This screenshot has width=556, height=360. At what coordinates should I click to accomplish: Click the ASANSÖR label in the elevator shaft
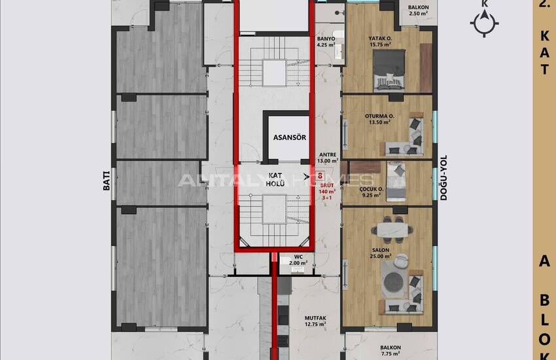pyautogui.click(x=289, y=137)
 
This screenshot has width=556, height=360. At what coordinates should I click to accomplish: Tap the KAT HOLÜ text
pyautogui.click(x=275, y=179)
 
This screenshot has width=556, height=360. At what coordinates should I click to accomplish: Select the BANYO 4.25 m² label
pyautogui.click(x=326, y=41)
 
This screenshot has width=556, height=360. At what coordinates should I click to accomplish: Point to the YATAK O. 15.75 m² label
pyautogui.click(x=380, y=41)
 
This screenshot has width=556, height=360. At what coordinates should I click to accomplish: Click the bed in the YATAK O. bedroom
pyautogui.click(x=389, y=70)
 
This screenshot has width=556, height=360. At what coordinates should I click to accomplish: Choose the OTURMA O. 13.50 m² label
pyautogui.click(x=379, y=119)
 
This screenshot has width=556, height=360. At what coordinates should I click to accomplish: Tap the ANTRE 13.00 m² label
pyautogui.click(x=328, y=158)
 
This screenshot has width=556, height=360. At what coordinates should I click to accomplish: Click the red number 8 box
pyautogui.click(x=321, y=175)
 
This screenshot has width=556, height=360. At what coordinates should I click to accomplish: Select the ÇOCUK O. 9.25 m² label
pyautogui.click(x=371, y=192)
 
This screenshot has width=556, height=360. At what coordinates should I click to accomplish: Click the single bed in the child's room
pyautogui.click(x=396, y=181)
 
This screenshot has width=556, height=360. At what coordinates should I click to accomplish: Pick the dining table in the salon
pyautogui.click(x=392, y=230)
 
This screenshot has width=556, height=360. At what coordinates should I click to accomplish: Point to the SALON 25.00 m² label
pyautogui.click(x=381, y=253)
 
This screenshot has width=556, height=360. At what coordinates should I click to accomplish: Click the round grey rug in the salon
pyautogui.click(x=393, y=282)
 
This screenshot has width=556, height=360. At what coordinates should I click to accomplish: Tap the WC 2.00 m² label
pyautogui.click(x=298, y=260)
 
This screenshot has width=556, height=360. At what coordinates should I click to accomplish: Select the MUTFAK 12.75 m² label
pyautogui.click(x=315, y=321)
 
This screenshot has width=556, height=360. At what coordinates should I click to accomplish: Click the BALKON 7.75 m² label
pyautogui.click(x=391, y=350)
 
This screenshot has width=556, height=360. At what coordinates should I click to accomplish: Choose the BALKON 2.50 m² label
pyautogui.click(x=419, y=10)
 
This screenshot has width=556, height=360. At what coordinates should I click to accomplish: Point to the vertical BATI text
pyautogui.click(x=107, y=180)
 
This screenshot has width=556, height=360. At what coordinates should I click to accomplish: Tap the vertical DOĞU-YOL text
pyautogui.click(x=443, y=177)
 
